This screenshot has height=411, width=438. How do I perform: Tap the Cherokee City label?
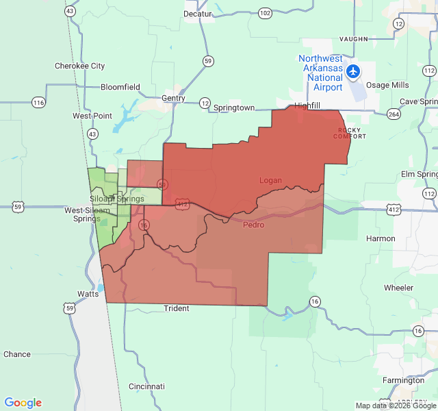(x=79, y=66)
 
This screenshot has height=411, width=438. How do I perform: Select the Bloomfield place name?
(x=120, y=87)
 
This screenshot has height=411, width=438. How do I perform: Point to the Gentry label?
(x=173, y=99)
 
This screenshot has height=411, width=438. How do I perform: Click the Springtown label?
(x=233, y=108)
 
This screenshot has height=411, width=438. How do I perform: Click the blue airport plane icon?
(x=353, y=71)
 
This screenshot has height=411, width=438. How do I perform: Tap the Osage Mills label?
(x=387, y=85)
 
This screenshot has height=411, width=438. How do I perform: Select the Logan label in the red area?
(x=270, y=180)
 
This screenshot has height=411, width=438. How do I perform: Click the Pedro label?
(x=253, y=225)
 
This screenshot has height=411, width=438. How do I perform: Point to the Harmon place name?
(x=381, y=239)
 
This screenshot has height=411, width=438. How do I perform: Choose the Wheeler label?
(x=398, y=287)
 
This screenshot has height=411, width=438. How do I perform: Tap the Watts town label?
(x=88, y=294)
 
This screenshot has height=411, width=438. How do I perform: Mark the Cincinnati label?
(x=146, y=386)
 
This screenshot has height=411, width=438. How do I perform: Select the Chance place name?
(x=17, y=354)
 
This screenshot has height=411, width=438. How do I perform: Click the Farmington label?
(x=403, y=380)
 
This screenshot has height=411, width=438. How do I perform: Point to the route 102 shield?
(x=265, y=13)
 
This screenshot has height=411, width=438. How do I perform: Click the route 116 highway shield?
(x=38, y=103)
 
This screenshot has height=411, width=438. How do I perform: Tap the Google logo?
(x=23, y=403)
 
